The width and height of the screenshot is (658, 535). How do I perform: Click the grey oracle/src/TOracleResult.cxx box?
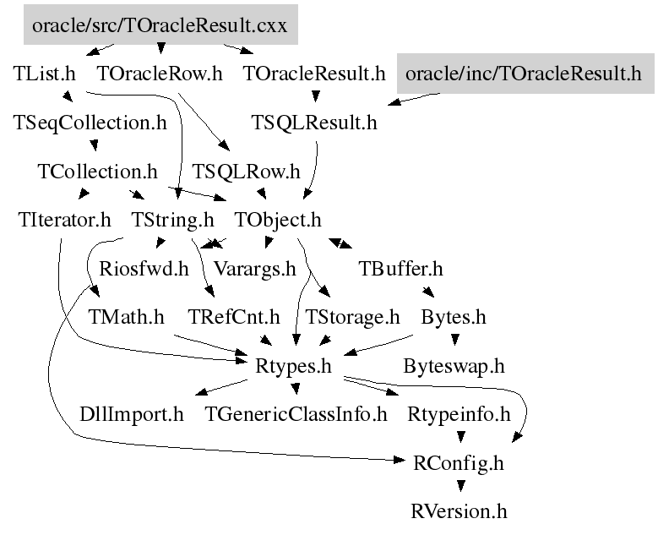(160, 25)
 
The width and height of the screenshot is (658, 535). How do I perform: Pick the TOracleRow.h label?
(160, 74)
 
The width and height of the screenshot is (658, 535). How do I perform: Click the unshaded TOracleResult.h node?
(313, 74)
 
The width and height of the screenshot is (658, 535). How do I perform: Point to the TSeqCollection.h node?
(91, 123)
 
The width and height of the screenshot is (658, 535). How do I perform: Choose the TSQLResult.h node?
(313, 123)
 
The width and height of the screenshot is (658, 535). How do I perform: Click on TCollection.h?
(98, 172)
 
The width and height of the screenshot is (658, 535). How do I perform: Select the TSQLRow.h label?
(246, 172)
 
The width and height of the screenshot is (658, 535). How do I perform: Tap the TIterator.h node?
(64, 221)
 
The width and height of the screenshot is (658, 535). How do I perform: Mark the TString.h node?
(173, 221)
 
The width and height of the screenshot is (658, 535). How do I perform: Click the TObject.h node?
(278, 221)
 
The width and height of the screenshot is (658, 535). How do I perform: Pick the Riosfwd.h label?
(144, 270)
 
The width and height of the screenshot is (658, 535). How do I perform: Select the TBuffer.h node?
(401, 270)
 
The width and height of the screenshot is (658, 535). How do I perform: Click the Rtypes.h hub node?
(291, 367)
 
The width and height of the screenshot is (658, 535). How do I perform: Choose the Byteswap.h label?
(454, 367)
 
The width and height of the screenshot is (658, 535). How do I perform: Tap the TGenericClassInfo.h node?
(296, 415)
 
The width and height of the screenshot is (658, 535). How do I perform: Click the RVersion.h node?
(460, 512)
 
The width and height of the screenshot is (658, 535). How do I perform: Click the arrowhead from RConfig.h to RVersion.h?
(460, 488)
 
